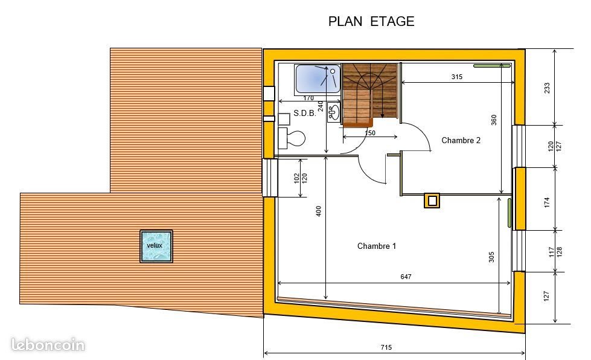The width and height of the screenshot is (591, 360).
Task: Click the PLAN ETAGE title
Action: [371, 21]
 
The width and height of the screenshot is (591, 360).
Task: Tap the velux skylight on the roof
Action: [156, 246]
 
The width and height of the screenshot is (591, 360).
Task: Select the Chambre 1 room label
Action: [377, 246]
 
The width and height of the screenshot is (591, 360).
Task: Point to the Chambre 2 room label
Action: [461, 140]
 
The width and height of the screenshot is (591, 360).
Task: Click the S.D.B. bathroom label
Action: [304, 114]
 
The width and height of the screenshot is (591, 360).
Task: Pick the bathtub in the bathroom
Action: [318, 79]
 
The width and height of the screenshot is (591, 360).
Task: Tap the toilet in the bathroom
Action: [292, 138]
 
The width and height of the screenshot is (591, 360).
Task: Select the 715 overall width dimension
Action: [386, 347]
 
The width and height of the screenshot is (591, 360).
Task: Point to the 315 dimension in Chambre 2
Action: [456, 77]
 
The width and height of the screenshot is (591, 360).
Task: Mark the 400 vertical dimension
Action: [319, 211]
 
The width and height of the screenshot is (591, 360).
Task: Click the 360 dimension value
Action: [494, 120]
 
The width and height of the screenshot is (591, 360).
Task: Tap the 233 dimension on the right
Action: [548, 88]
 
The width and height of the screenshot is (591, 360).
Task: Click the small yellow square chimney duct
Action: [432, 201]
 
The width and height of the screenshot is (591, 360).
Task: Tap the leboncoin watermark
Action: [48, 346]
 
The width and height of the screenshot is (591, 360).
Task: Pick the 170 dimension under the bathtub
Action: [308, 98]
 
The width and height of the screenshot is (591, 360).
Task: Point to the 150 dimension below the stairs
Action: [370, 133]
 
